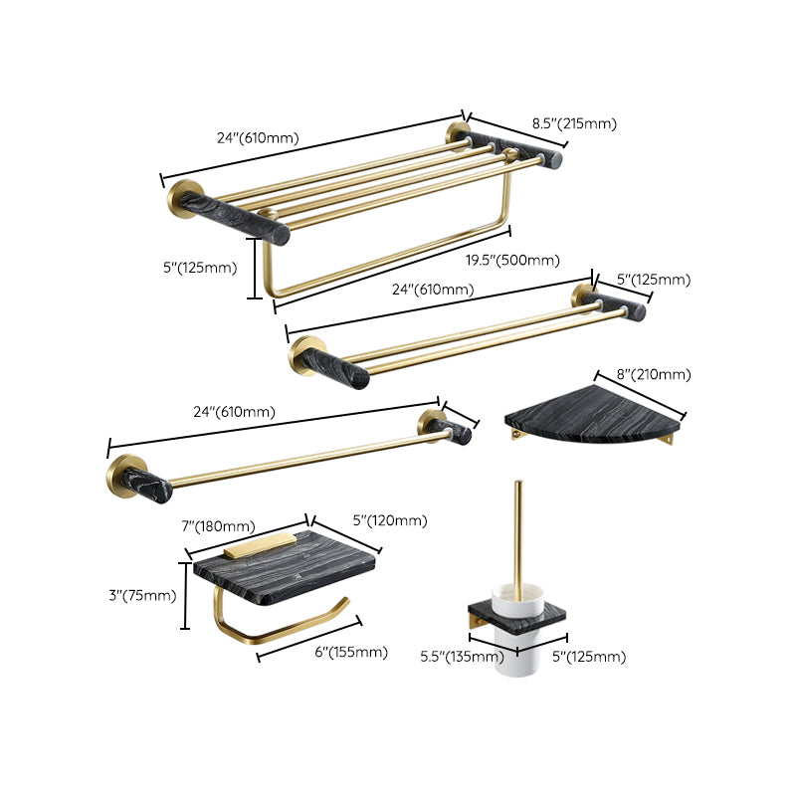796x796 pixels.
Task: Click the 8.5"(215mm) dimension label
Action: (574, 123)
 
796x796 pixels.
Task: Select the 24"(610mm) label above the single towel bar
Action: (233, 411)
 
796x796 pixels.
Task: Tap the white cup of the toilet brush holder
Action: (516, 653)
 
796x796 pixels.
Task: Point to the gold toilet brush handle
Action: (517, 537)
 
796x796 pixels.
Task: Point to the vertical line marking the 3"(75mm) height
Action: (185, 595)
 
